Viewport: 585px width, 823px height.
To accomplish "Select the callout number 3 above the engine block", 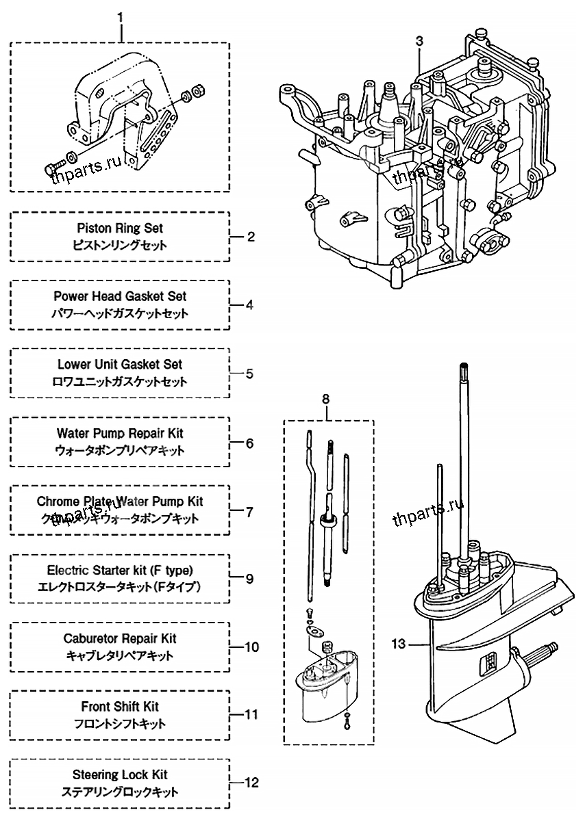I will (x=419, y=41).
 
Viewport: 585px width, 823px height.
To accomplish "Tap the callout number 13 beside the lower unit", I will (x=399, y=644).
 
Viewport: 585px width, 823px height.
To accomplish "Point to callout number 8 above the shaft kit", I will (x=325, y=398).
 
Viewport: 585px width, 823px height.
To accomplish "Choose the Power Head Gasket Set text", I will (x=120, y=296).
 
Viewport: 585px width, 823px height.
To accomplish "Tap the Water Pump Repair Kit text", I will (x=120, y=433).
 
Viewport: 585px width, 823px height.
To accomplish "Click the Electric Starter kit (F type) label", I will (x=120, y=570).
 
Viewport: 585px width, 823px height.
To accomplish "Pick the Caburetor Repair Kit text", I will (x=120, y=638).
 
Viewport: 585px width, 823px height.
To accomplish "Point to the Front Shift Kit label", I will (x=120, y=707).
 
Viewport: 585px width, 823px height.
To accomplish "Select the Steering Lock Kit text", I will (x=120, y=775).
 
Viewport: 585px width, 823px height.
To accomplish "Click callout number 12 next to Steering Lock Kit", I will (x=251, y=783).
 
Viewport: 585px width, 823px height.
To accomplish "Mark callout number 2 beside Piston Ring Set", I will (x=250, y=237).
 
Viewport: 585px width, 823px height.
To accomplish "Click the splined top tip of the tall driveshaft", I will (x=464, y=369).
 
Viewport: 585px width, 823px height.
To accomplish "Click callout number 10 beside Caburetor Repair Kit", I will (x=252, y=646).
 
